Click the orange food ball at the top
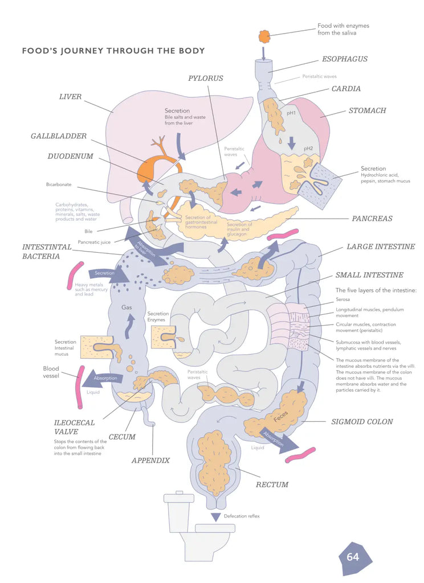pyautogui.click(x=264, y=37)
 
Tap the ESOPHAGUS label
pyautogui.click(x=344, y=59)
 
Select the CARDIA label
pyautogui.click(x=346, y=89)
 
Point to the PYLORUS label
pyautogui.click(x=206, y=78)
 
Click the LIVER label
pyautogui.click(x=71, y=97)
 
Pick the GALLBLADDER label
pyautogui.click(x=59, y=137)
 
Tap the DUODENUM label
pyautogui.click(x=70, y=157)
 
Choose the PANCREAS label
pyautogui.click(x=372, y=219)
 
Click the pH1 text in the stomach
pyautogui.click(x=291, y=113)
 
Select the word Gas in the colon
pyautogui.click(x=127, y=307)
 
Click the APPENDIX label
pyautogui.click(x=150, y=460)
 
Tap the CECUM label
pyautogui.click(x=122, y=437)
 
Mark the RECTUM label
pyautogui.click(x=272, y=485)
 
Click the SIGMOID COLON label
pyautogui.click(x=362, y=422)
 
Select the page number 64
pyautogui.click(x=353, y=556)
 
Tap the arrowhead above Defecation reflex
pyautogui.click(x=215, y=516)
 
